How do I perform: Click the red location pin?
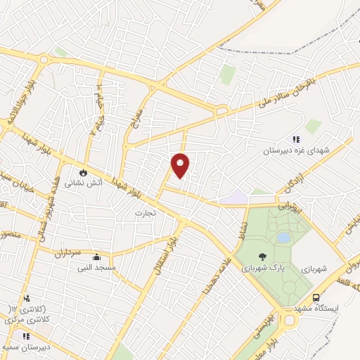click(x=181, y=165)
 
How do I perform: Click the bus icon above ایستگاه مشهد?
click(x=316, y=297)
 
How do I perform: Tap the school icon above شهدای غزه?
click(x=296, y=139)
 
